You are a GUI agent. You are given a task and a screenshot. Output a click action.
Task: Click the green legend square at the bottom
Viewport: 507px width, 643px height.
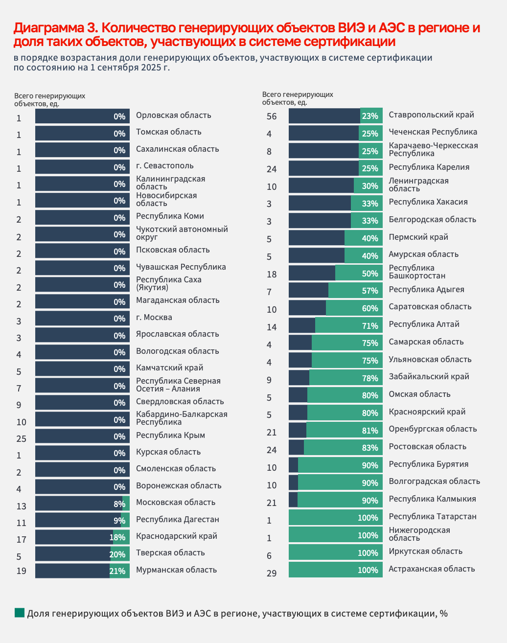click(20, 613)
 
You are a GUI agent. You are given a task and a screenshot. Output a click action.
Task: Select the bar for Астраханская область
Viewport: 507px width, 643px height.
click(335, 570)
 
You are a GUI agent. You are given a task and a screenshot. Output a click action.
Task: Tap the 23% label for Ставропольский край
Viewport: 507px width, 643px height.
click(370, 116)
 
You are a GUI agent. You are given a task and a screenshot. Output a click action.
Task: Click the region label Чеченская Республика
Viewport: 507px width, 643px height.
click(433, 132)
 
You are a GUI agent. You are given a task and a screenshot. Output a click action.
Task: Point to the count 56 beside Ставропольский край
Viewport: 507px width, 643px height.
click(272, 116)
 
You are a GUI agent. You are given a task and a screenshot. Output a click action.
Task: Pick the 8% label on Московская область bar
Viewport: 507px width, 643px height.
click(119, 504)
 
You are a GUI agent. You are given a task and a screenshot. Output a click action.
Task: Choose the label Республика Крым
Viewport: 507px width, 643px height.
click(170, 435)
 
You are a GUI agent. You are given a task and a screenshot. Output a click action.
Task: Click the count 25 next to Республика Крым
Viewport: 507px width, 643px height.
click(22, 439)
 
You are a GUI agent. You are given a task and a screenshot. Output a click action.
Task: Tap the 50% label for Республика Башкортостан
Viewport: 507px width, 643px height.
click(370, 274)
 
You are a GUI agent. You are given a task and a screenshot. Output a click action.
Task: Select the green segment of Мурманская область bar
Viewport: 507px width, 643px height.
click(119, 571)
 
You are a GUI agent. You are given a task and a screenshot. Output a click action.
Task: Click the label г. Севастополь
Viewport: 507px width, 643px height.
click(165, 165)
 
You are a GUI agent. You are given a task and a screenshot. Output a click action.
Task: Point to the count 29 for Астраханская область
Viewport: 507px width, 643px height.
click(272, 573)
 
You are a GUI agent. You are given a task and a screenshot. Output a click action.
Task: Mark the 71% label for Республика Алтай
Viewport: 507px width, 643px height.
click(370, 326)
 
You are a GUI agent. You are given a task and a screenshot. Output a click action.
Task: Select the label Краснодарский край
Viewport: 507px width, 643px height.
click(176, 536)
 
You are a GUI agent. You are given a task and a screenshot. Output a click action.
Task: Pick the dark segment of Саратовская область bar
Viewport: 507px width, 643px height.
click(307, 308)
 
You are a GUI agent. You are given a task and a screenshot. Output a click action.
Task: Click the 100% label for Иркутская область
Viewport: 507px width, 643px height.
click(368, 553)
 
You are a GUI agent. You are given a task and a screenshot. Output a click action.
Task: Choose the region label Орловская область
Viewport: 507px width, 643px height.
click(173, 115)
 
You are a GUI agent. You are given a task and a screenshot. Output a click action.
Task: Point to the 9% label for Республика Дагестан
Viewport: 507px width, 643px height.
click(119, 521)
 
